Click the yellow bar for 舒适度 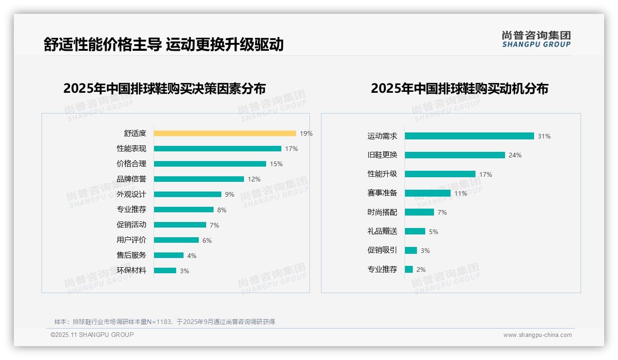coord(225,133)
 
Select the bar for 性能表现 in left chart coord(217,149)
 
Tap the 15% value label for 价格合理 coord(276,164)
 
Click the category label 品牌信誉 coord(131,179)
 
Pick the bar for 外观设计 coord(187,194)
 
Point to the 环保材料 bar coord(165,270)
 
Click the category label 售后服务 coord(131,255)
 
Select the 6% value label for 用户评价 coord(207,240)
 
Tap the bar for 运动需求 coord(469,136)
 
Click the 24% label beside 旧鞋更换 coord(515,155)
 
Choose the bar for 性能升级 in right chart coord(440,174)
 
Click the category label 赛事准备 coord(382,193)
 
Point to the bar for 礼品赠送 coord(415,231)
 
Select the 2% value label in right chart coord(421,270)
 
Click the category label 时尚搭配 coord(382,212)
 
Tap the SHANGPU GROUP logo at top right coord(536,39)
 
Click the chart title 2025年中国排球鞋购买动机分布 coord(459,88)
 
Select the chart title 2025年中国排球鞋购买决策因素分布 coord(165,88)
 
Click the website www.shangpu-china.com coord(537,335)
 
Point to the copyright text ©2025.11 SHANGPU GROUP coord(92,335)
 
